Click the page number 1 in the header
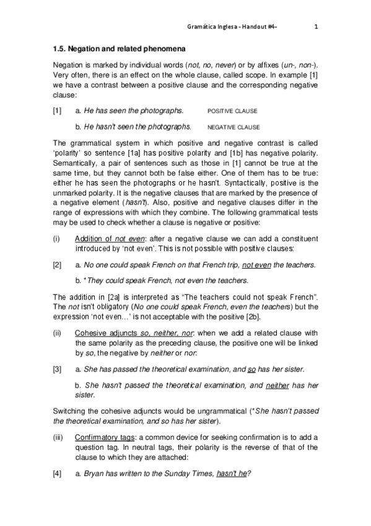click(316, 27)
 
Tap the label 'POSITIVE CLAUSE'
click(232, 111)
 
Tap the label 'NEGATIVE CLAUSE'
click(234, 127)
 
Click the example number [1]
click(57, 110)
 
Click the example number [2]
click(57, 265)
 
